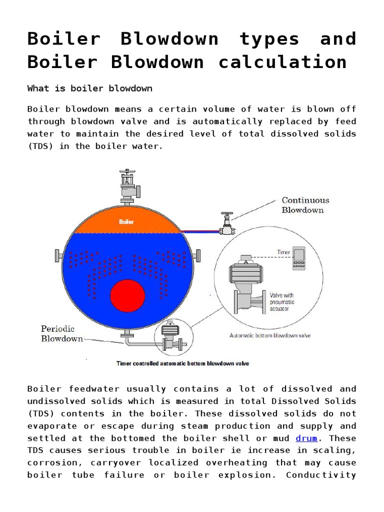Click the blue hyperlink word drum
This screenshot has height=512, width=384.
click(306, 438)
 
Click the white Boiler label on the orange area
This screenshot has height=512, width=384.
click(126, 221)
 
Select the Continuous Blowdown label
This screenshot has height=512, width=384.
click(305, 205)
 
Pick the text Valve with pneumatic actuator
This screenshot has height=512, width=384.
click(282, 302)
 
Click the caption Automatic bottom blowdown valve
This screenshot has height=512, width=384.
click(270, 335)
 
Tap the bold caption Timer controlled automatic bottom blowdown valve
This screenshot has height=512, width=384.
click(182, 363)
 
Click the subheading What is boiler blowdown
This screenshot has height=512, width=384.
click(90, 88)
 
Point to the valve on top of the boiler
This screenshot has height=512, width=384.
click(126, 185)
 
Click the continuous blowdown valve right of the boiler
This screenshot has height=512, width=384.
click(227, 223)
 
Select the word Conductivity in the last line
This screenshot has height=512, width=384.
click(320, 475)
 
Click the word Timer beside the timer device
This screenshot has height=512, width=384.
click(283, 252)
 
